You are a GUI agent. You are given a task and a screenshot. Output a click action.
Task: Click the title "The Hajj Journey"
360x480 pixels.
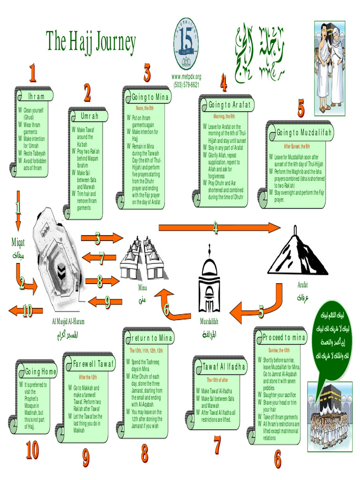coord(91,42)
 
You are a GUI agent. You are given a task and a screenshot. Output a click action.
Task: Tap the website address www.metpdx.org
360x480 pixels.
coord(186,76)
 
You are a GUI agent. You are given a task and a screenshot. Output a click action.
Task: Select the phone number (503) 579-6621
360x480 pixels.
coord(186,85)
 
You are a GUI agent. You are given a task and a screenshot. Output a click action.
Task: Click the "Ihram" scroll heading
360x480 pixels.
coord(36,96)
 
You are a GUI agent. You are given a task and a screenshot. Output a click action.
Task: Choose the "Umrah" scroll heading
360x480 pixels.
coord(90,116)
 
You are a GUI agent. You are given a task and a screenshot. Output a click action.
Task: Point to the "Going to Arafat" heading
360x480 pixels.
coord(229,104)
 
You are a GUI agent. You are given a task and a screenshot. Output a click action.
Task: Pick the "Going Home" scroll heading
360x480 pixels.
coord(41,372)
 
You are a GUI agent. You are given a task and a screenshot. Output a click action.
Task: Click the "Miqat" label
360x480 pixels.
coord(18,242)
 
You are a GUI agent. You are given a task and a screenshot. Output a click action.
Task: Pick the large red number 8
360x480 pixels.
coord(144,453)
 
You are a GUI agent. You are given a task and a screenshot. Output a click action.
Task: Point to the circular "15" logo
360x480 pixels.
coord(186,44)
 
